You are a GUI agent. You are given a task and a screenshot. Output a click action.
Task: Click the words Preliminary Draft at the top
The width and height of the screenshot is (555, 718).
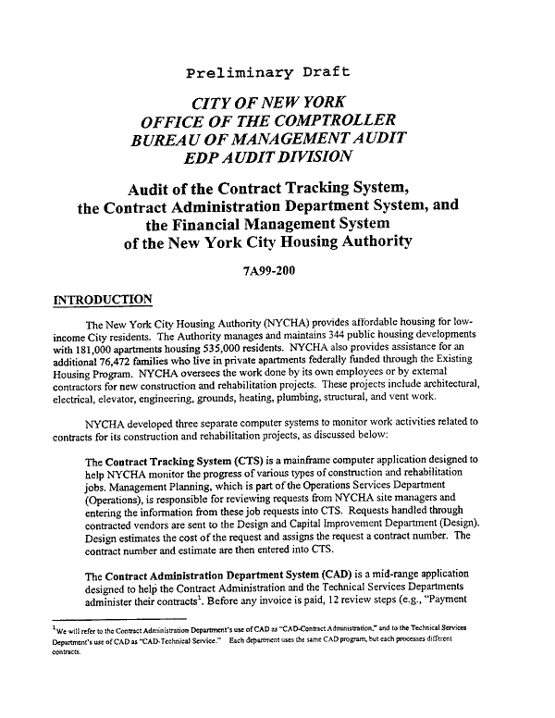point(268,72)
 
